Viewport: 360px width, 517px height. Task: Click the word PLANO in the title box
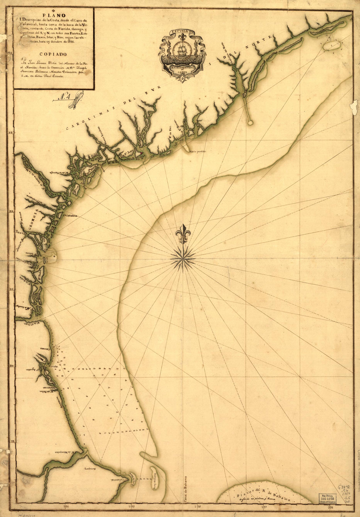point(53,14)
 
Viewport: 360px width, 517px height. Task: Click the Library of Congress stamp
point(327,497)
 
